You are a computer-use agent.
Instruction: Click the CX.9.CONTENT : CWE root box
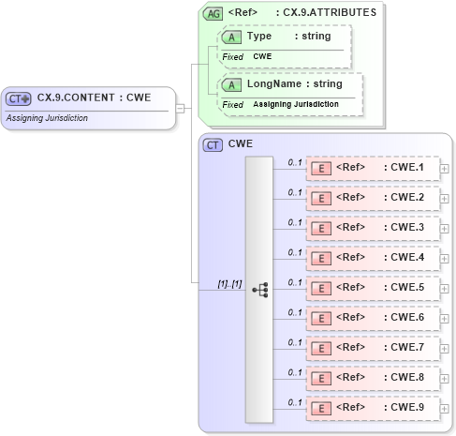point(88,98)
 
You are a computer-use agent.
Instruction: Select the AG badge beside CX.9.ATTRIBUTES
point(214,13)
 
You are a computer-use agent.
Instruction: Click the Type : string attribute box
point(285,36)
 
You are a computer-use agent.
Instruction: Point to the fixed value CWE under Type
point(263,57)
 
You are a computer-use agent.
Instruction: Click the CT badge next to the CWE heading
point(214,144)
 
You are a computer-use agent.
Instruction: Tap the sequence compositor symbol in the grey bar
point(259,291)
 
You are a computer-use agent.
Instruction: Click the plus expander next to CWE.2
point(445,200)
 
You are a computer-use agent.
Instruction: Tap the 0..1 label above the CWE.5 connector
point(294,281)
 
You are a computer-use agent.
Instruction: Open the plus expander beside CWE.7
point(445,350)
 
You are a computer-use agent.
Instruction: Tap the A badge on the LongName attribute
point(230,84)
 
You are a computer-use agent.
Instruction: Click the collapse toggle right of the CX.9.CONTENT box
point(181,108)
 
